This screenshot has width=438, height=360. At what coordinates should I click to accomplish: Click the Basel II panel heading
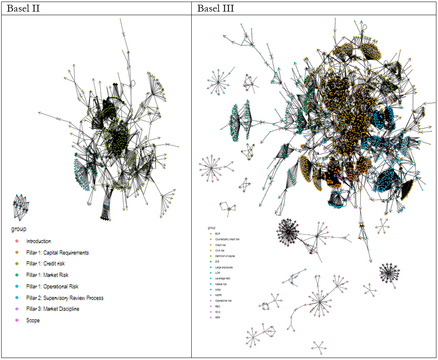pyautogui.click(x=24, y=8)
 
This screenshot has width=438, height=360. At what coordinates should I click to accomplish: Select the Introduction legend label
pyautogui.click(x=39, y=241)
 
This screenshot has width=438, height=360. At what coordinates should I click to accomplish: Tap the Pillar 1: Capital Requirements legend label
pyautogui.click(x=57, y=253)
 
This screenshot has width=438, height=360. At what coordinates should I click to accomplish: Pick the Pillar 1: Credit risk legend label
pyautogui.click(x=45, y=264)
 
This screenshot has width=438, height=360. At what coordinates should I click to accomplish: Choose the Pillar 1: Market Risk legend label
pyautogui.click(x=48, y=275)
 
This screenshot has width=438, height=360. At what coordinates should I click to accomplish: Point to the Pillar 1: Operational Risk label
pyautogui.click(x=52, y=286)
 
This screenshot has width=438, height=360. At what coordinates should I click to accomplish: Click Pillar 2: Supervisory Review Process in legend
pyautogui.click(x=65, y=298)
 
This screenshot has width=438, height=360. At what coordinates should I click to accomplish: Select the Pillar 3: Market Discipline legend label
pyautogui.click(x=53, y=309)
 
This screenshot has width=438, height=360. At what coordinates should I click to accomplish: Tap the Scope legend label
pyautogui.click(x=33, y=320)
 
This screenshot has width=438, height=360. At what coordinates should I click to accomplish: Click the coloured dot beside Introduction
pyautogui.click(x=16, y=241)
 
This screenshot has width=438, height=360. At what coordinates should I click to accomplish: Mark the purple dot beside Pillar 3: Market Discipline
pyautogui.click(x=16, y=309)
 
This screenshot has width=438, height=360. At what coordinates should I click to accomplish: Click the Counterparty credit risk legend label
pyautogui.click(x=227, y=239)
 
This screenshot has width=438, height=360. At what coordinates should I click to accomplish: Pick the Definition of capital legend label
pyautogui.click(x=225, y=256)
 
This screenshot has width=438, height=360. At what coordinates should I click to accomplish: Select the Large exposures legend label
pyautogui.click(x=224, y=267)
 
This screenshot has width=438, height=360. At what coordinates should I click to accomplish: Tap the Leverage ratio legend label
pyautogui.click(x=223, y=278)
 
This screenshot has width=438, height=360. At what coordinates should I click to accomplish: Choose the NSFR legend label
pyautogui.click(x=218, y=295)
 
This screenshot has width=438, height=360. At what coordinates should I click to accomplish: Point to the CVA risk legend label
pyautogui.click(x=220, y=250)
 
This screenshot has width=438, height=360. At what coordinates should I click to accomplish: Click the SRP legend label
pyautogui.click(x=218, y=317)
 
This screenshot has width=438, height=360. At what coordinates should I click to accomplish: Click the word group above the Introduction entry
pyautogui.click(x=18, y=229)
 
